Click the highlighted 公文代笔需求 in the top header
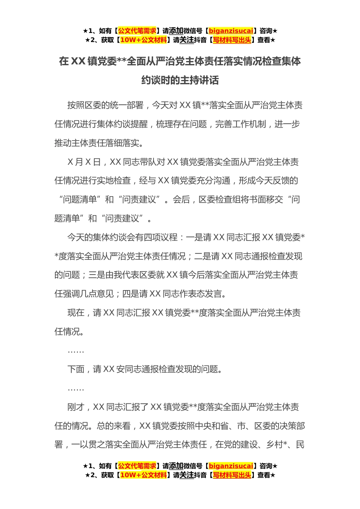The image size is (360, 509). click(x=137, y=31)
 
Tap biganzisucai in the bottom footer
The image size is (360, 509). click(x=231, y=466)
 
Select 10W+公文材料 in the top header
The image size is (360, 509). click(x=143, y=40)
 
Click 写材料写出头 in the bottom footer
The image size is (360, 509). click(x=232, y=475)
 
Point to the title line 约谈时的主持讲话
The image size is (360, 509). click(x=180, y=80)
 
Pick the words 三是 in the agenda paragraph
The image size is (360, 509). click(x=97, y=275)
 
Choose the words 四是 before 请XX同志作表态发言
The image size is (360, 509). click(x=131, y=294)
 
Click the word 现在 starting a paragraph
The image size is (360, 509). click(x=76, y=313)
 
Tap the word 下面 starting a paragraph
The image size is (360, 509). click(x=76, y=369)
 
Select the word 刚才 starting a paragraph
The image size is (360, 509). click(x=76, y=407)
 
